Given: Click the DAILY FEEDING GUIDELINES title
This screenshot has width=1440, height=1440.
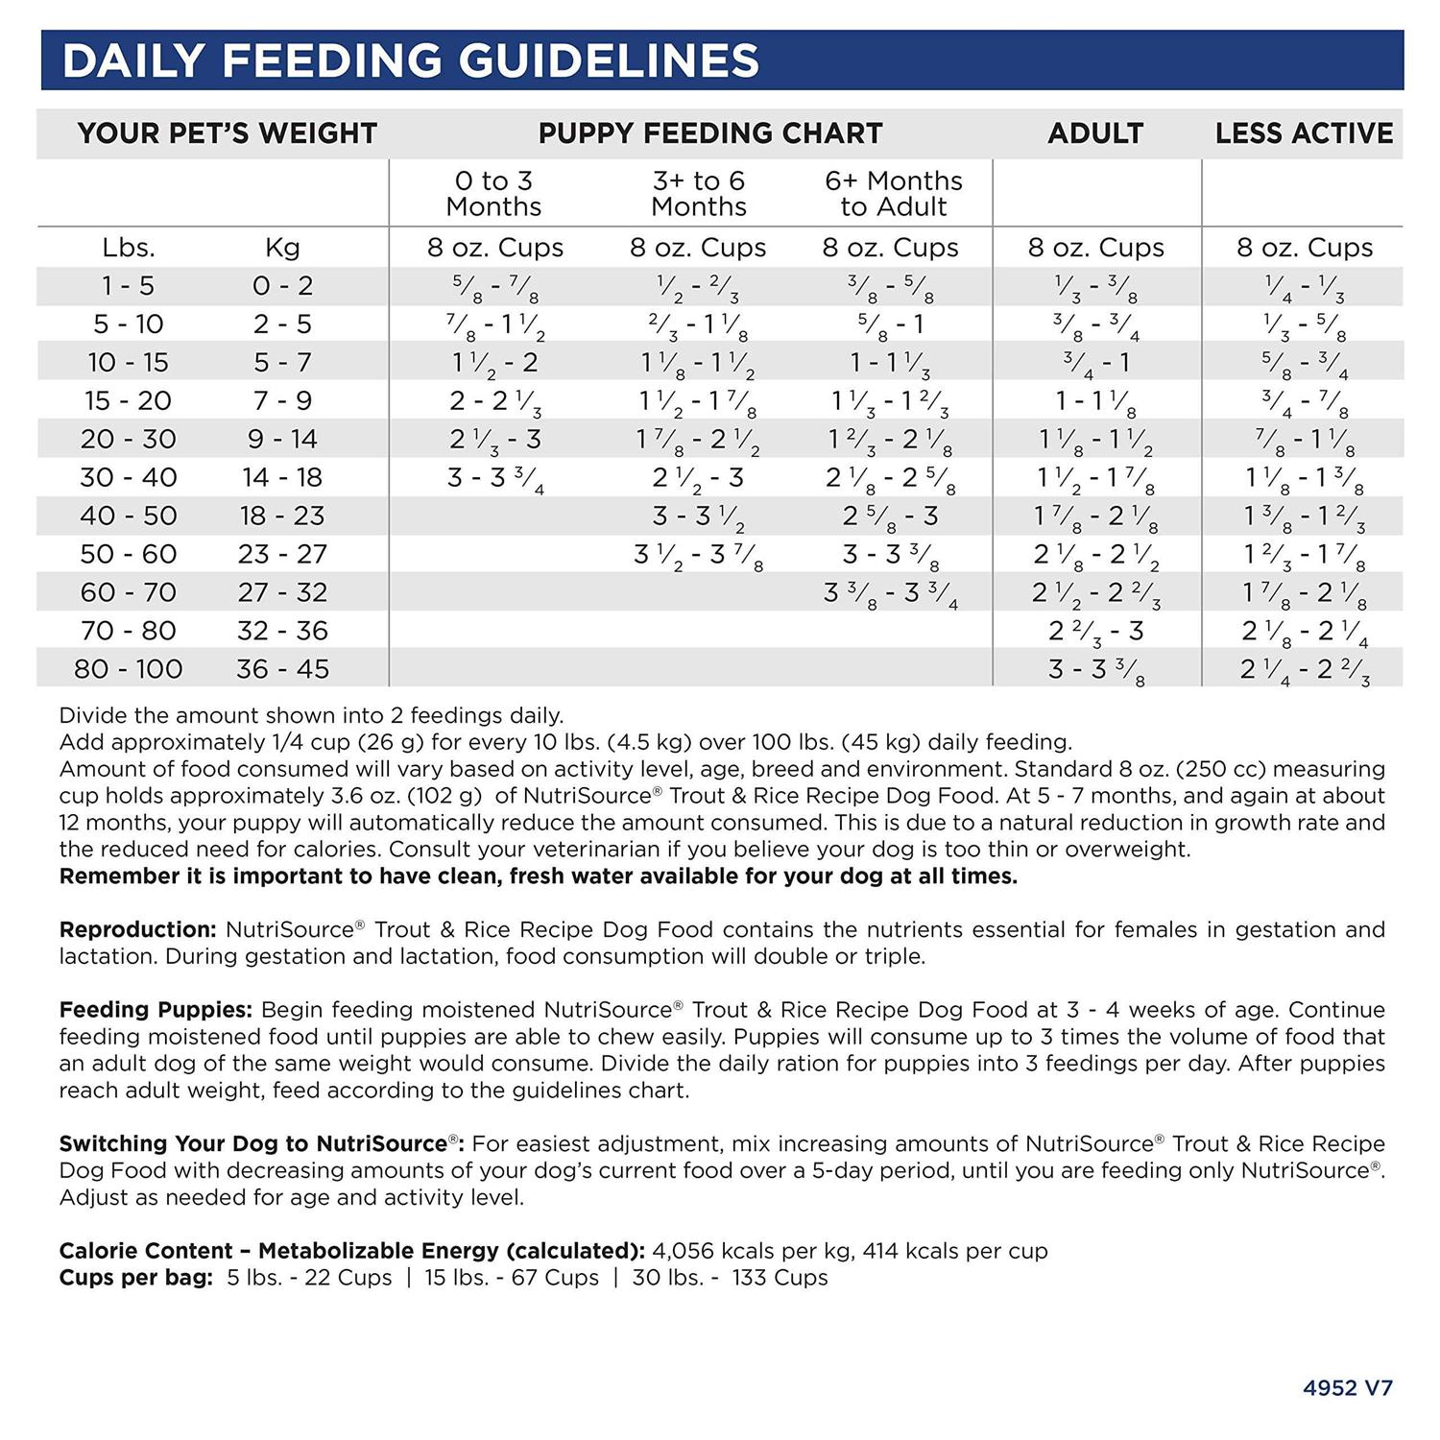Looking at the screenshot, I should tap(410, 60).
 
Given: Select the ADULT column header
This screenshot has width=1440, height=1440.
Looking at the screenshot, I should tap(1095, 133).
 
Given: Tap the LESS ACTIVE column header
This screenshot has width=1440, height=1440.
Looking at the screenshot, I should tap(1304, 133).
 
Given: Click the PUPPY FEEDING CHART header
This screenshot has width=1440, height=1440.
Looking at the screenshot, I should tap(709, 133).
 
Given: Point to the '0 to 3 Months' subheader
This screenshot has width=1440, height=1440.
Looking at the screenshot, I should tap(493, 193).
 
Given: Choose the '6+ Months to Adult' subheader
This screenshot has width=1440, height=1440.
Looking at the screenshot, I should tap(893, 193).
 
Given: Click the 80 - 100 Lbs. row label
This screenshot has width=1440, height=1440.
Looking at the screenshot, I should tap(128, 668).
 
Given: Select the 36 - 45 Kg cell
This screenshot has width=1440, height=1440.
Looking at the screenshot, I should tap(282, 668).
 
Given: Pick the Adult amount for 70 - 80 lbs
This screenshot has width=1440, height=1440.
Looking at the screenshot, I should tap(1095, 632).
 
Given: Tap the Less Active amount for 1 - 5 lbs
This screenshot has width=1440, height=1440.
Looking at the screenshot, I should tap(1304, 287).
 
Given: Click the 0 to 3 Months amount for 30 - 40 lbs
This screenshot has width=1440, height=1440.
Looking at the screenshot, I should tap(495, 479).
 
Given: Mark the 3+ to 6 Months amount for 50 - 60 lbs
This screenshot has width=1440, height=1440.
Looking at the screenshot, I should tap(698, 556).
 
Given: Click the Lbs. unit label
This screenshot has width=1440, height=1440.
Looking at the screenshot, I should tap(128, 248).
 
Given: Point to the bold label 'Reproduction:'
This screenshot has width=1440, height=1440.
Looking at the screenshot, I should tap(137, 929).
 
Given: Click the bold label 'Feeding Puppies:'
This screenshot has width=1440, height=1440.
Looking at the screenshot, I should tap(156, 1010).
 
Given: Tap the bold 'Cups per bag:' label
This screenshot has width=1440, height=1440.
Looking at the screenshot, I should tap(135, 1278).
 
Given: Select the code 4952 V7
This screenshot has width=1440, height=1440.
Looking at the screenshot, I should tap(1347, 1387).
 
